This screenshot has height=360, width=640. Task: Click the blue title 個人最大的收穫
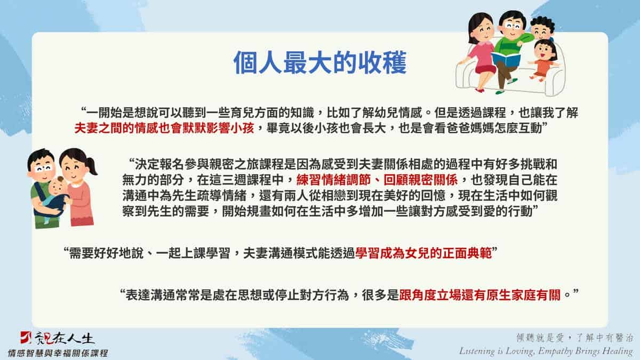click(x=320, y=62)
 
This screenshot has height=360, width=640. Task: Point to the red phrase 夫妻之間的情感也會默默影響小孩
click(x=164, y=129)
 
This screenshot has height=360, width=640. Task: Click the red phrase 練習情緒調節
click(x=333, y=180)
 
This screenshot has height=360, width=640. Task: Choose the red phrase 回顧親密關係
click(x=421, y=180)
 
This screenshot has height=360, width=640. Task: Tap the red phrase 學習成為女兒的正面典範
click(x=423, y=253)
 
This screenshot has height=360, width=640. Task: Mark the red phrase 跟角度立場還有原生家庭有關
click(x=479, y=295)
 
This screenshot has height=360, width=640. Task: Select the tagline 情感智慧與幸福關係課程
click(x=58, y=353)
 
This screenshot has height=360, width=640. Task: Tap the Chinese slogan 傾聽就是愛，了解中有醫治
click(x=574, y=338)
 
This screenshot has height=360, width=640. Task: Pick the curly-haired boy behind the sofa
click(x=542, y=28)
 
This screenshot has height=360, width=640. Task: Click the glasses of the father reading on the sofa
click(x=514, y=26)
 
